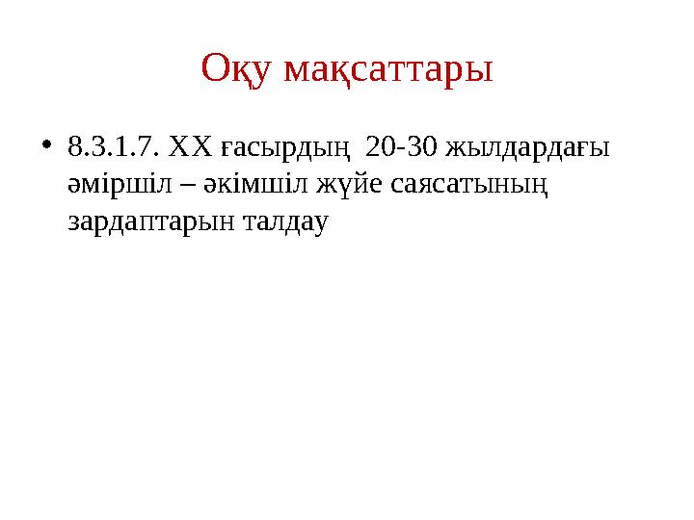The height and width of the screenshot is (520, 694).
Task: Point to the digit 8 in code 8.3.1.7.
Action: click(74, 147)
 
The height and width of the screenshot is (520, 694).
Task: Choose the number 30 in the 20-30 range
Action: click(421, 147)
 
